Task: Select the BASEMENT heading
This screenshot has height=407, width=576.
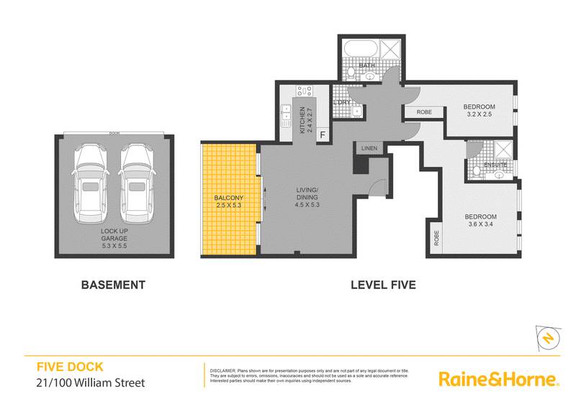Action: [x=114, y=284]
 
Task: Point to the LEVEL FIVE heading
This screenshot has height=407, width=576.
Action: [x=383, y=284]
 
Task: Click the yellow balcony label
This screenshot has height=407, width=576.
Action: [x=230, y=201]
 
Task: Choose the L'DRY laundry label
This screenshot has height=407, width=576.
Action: [x=342, y=102]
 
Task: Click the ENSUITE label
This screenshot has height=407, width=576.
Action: [x=496, y=165]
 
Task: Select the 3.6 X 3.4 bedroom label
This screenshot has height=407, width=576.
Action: [x=480, y=221]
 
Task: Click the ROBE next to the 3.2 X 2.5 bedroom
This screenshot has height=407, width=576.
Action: [x=424, y=112]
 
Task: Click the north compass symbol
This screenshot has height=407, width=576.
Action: [x=549, y=338]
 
